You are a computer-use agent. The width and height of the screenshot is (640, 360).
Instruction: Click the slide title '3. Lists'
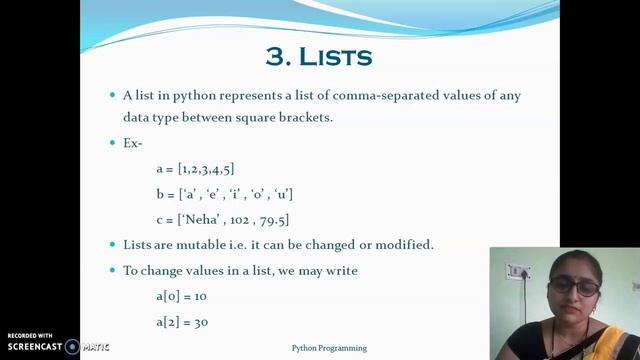pyautogui.click(x=319, y=55)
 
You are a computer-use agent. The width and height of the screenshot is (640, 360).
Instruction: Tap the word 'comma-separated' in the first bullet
pyautogui.click(x=339, y=96)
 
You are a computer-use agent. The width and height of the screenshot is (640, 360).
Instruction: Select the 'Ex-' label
pyautogui.click(x=133, y=143)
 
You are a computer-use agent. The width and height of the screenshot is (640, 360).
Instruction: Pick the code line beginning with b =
pyautogui.click(x=224, y=194)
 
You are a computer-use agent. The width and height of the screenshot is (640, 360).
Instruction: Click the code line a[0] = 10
pyautogui.click(x=181, y=297)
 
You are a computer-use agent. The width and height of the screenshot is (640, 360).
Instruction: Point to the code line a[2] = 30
pyautogui.click(x=181, y=322)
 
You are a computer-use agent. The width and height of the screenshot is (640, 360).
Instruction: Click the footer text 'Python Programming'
pyautogui.click(x=329, y=348)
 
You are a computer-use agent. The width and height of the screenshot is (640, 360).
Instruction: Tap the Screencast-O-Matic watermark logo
pyautogui.click(x=72, y=347)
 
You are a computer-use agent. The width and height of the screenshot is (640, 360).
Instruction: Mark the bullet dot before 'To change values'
pyautogui.click(x=113, y=271)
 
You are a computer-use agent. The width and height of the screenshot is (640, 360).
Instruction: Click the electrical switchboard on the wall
pyautogui.click(x=518, y=272)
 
